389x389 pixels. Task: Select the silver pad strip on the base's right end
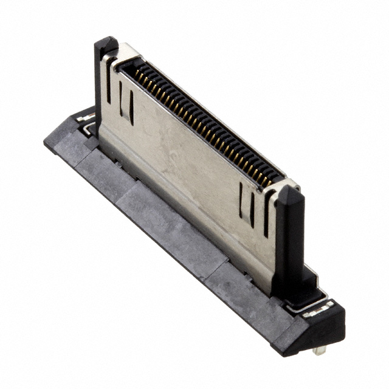[317, 311]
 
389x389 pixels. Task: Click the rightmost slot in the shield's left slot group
[131, 107]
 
